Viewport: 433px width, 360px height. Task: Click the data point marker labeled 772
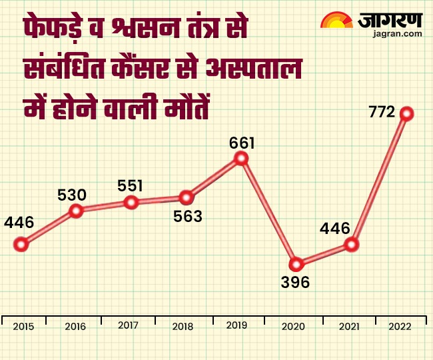pos(406,114)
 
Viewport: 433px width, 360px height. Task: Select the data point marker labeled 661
pos(241,159)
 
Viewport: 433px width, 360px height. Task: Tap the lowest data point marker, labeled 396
pos(296,264)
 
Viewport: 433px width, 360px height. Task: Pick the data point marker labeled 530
pos(76,211)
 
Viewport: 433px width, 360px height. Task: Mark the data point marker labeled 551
pos(131,202)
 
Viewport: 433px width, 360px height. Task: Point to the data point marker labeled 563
pos(187,197)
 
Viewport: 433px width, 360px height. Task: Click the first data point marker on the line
pos(21,244)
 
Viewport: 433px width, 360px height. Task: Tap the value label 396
pos(295,282)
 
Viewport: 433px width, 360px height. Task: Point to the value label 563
pos(187,215)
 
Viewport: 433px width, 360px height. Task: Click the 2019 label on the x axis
pos(238,325)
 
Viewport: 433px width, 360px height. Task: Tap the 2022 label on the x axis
pos(398,327)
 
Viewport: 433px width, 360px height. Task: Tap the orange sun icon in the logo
pos(337,21)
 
